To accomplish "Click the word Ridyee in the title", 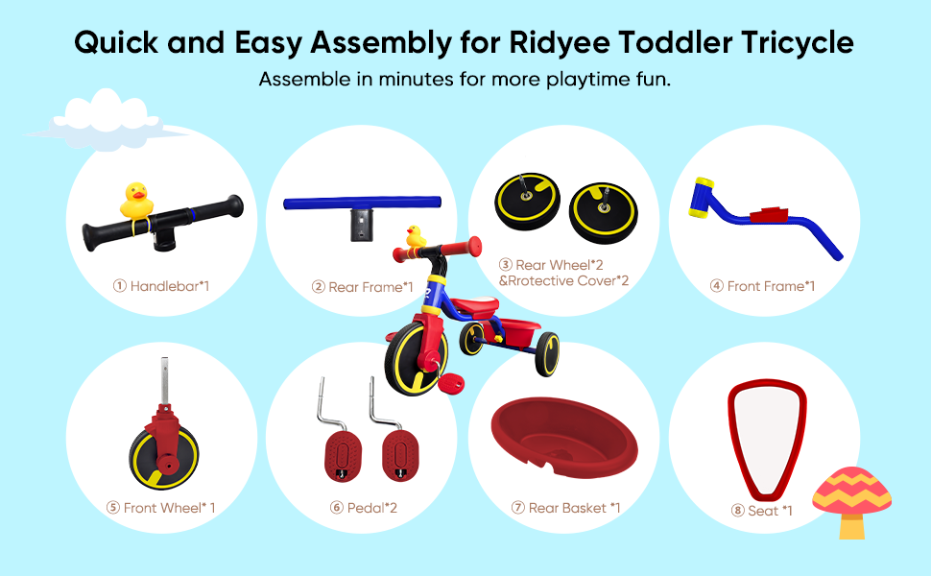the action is [559, 44].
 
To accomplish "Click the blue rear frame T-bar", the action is [362, 204].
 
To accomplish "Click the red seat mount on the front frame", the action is [769, 214].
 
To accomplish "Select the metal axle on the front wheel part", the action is [164, 381].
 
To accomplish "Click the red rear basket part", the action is [563, 437].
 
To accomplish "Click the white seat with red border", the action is [767, 437].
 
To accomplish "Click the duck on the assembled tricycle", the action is [416, 236].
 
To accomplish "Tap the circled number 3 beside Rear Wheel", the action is [505, 265].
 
